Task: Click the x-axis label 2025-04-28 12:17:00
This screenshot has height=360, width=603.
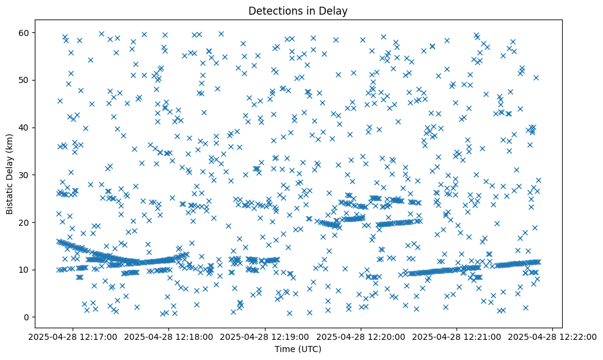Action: pos(73,336)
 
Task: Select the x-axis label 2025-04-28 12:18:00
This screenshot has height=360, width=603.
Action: pos(169,336)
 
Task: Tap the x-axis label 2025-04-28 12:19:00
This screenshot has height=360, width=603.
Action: pos(265,336)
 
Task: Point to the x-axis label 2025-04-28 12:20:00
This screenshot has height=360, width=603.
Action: pos(361,336)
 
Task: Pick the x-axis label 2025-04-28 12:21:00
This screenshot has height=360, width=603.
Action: pos(457,336)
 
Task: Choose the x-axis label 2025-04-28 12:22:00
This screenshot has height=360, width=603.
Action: pos(553,336)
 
